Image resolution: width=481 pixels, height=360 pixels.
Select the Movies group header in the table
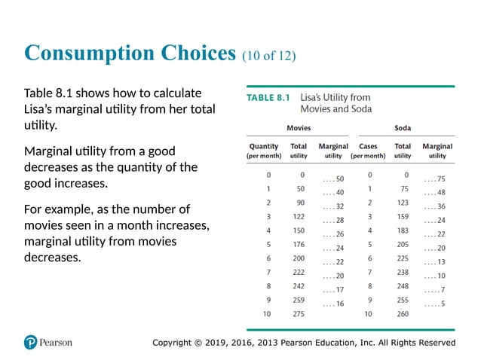pos(299,128)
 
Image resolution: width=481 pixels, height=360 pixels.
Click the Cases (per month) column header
pos(369,150)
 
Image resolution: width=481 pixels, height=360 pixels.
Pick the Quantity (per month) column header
pos(263,150)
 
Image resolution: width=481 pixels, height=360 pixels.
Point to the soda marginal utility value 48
pos(437,192)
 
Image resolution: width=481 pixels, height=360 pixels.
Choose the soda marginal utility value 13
pos(437,262)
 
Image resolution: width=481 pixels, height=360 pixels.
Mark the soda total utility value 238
pos(403,272)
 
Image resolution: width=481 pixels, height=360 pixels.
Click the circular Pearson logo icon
pos(31,343)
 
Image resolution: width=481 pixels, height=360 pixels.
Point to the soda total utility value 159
pos(403,216)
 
